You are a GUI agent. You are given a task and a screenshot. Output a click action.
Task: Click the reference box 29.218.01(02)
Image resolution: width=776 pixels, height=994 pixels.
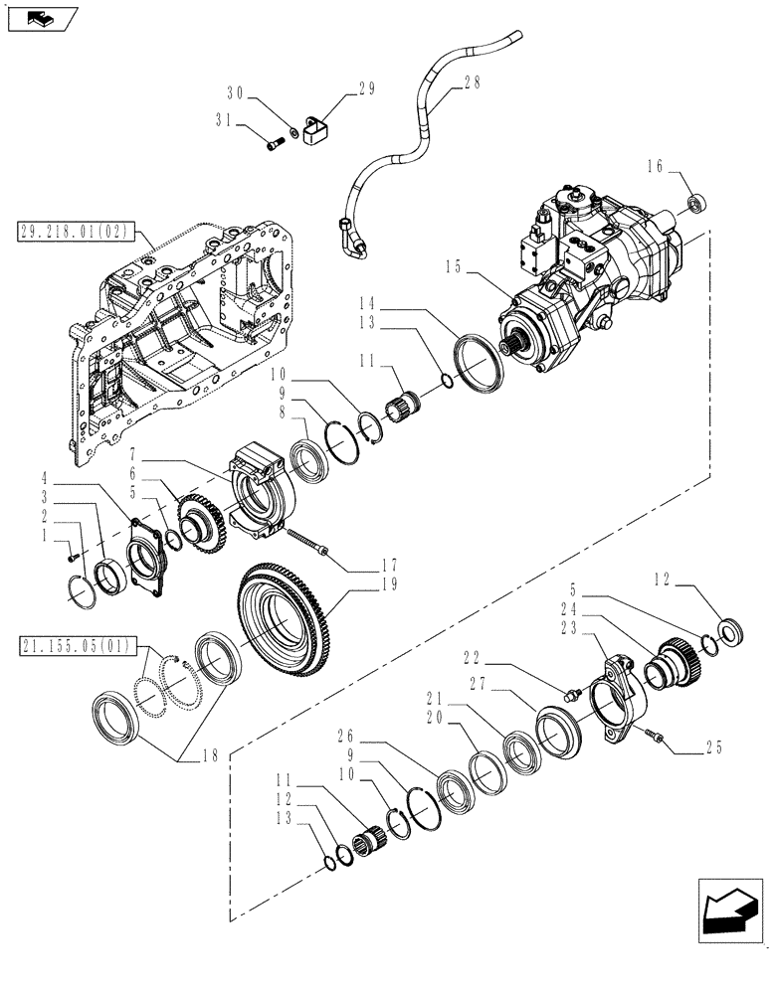(x=86, y=234)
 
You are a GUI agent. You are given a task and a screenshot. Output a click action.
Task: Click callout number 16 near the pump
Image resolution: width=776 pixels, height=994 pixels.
(x=655, y=168)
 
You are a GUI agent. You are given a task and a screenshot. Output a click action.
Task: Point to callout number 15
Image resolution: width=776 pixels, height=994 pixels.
(x=455, y=265)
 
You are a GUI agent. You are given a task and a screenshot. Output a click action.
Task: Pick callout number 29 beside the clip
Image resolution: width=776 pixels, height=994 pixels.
(x=365, y=89)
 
